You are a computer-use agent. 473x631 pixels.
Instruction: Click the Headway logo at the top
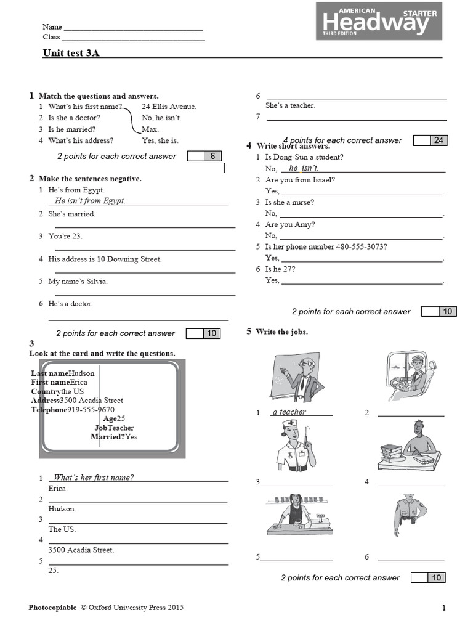378,22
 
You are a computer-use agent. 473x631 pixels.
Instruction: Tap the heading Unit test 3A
71,53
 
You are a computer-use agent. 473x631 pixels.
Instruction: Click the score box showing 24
438,140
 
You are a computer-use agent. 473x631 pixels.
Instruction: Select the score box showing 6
212,157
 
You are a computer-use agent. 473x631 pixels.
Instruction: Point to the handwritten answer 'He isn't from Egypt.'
90,201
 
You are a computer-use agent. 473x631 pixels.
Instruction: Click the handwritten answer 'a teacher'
289,412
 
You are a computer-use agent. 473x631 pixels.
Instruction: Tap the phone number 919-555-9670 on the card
91,410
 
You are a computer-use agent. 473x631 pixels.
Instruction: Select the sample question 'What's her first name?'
94,478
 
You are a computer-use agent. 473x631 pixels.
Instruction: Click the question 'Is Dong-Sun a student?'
304,157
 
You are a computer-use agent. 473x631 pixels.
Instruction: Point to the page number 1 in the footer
443,608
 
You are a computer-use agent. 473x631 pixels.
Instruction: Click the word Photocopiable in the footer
52,608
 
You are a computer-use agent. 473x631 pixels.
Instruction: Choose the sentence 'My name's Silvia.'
78,282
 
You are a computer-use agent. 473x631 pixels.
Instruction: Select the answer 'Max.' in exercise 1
150,129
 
